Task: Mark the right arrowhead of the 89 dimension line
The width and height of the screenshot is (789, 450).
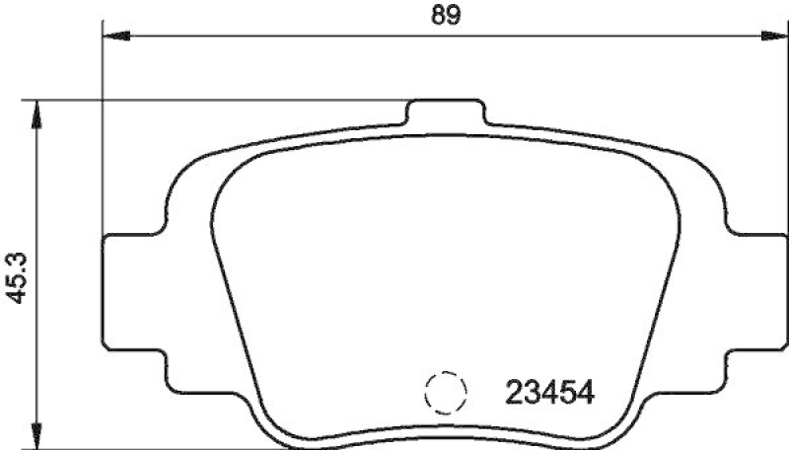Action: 776,37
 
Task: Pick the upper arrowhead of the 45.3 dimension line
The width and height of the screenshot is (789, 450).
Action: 38,110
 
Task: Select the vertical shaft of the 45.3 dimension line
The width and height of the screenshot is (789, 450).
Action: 38,197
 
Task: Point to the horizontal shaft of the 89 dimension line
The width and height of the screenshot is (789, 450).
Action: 296,37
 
